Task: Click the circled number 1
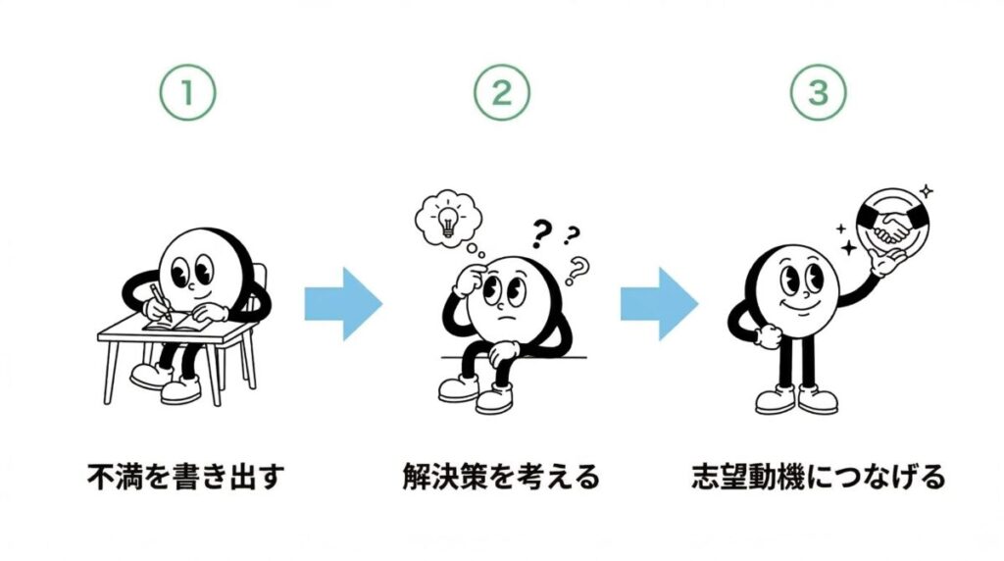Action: (x=187, y=92)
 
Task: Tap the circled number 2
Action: (x=502, y=92)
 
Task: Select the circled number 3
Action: (x=819, y=92)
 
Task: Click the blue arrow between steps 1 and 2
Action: (x=343, y=304)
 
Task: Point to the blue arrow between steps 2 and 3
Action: (x=659, y=304)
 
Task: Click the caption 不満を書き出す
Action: (x=185, y=477)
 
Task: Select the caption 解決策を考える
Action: (x=501, y=477)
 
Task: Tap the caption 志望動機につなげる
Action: (x=819, y=477)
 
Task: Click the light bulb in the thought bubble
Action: (x=447, y=219)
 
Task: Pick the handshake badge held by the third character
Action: (x=893, y=223)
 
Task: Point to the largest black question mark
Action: (x=541, y=233)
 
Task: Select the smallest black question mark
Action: (x=571, y=235)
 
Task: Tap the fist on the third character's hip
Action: (x=766, y=336)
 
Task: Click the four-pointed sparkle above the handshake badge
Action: (x=926, y=191)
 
